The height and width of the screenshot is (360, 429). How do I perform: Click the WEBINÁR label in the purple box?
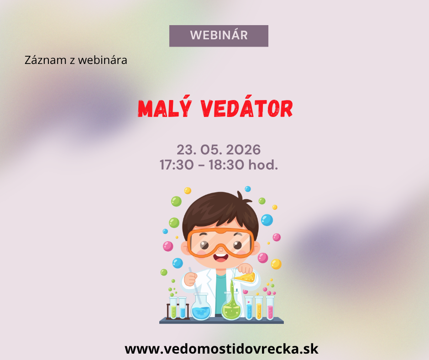[219, 35]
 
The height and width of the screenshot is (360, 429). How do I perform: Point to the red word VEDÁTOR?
[246, 108]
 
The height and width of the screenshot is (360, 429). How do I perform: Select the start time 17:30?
[177, 165]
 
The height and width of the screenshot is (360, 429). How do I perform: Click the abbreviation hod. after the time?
[263, 164]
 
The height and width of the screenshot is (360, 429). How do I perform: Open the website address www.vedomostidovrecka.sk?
[222, 349]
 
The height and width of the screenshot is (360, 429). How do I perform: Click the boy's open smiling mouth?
[220, 257]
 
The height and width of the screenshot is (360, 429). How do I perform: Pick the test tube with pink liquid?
[270, 308]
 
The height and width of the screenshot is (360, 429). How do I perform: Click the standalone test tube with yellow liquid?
[259, 308]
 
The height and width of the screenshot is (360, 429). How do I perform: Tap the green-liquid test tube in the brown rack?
[173, 308]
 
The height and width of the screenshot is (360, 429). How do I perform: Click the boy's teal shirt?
[221, 295]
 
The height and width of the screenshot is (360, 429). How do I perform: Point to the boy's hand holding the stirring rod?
[190, 279]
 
